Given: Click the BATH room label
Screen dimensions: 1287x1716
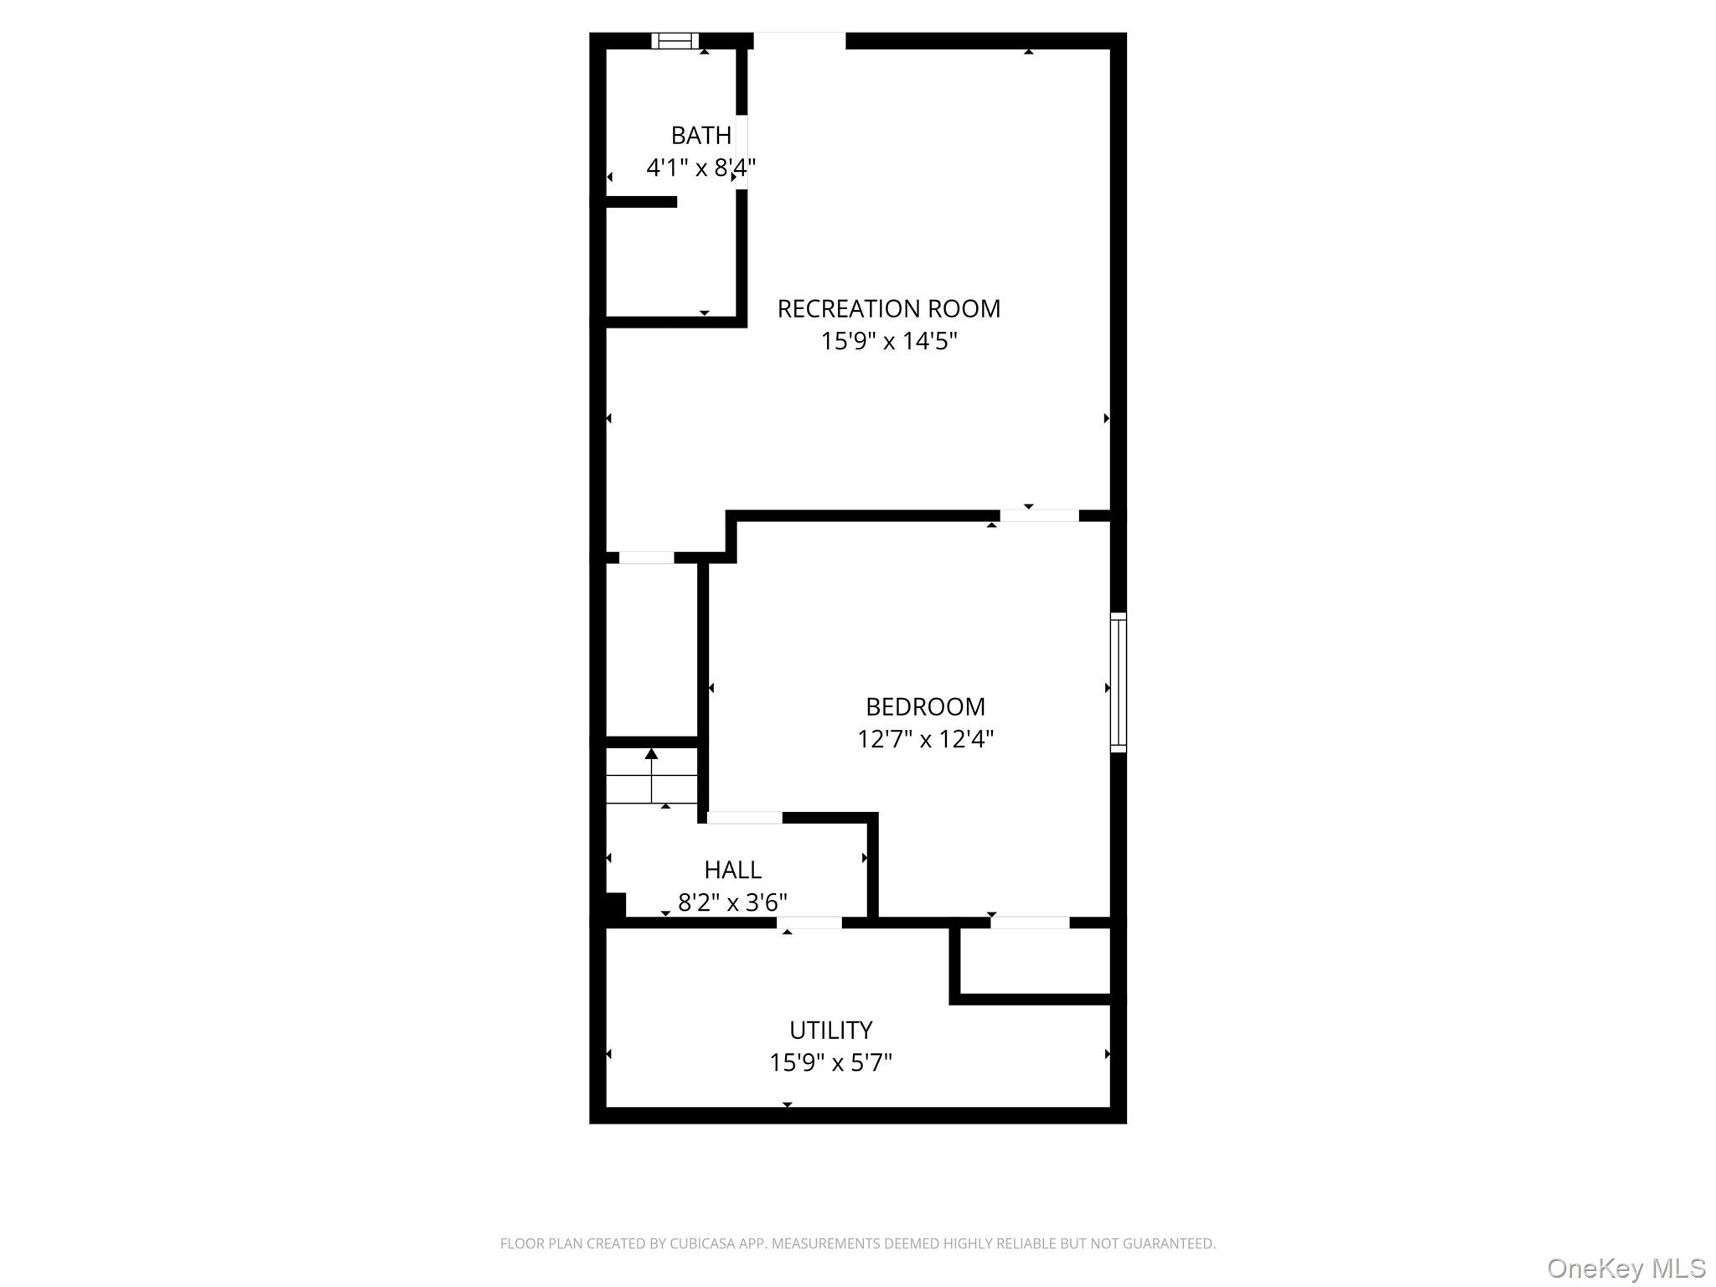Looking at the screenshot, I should pyautogui.click(x=700, y=135).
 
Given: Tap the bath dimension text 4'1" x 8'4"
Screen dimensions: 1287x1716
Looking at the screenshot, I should pyautogui.click(x=700, y=168).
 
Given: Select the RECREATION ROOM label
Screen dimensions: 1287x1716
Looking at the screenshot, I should pyautogui.click(x=888, y=309).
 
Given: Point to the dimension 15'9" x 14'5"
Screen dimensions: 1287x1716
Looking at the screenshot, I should pyautogui.click(x=888, y=341).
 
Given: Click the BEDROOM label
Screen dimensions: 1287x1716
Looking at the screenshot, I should pyautogui.click(x=925, y=707).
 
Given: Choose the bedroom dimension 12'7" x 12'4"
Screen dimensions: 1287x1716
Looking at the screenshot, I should pyautogui.click(x=925, y=739).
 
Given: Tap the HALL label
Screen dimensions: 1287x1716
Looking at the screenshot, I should pyautogui.click(x=732, y=870).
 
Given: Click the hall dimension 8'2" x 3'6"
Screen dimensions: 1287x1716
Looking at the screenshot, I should pyautogui.click(x=732, y=902).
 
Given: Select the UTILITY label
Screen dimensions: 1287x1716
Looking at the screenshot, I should pyautogui.click(x=830, y=1030).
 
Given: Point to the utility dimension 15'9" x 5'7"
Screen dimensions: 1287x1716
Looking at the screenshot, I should pyautogui.click(x=830, y=1062).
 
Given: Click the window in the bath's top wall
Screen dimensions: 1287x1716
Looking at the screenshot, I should pyautogui.click(x=675, y=40).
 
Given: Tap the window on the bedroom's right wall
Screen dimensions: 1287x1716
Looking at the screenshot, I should pyautogui.click(x=1118, y=682).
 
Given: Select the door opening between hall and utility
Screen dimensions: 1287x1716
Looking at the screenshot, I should pyautogui.click(x=809, y=923).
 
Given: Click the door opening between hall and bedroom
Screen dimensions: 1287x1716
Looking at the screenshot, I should pyautogui.click(x=744, y=818).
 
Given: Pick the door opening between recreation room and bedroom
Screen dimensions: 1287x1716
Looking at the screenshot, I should pyautogui.click(x=1039, y=516).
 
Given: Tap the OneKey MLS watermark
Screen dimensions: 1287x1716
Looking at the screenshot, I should pyautogui.click(x=1626, y=1268).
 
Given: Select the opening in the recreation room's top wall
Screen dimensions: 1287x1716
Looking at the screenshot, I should pyautogui.click(x=799, y=40).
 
